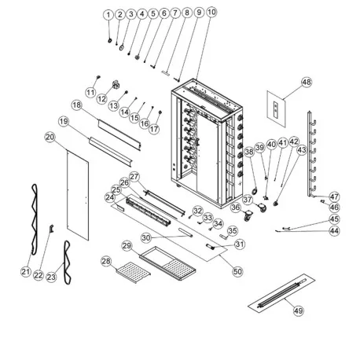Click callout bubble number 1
point(108,15)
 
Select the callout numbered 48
point(306,82)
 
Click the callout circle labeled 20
point(49,137)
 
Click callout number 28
point(106,260)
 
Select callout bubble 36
point(236,208)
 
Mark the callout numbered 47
point(334,196)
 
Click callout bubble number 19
point(64,122)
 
